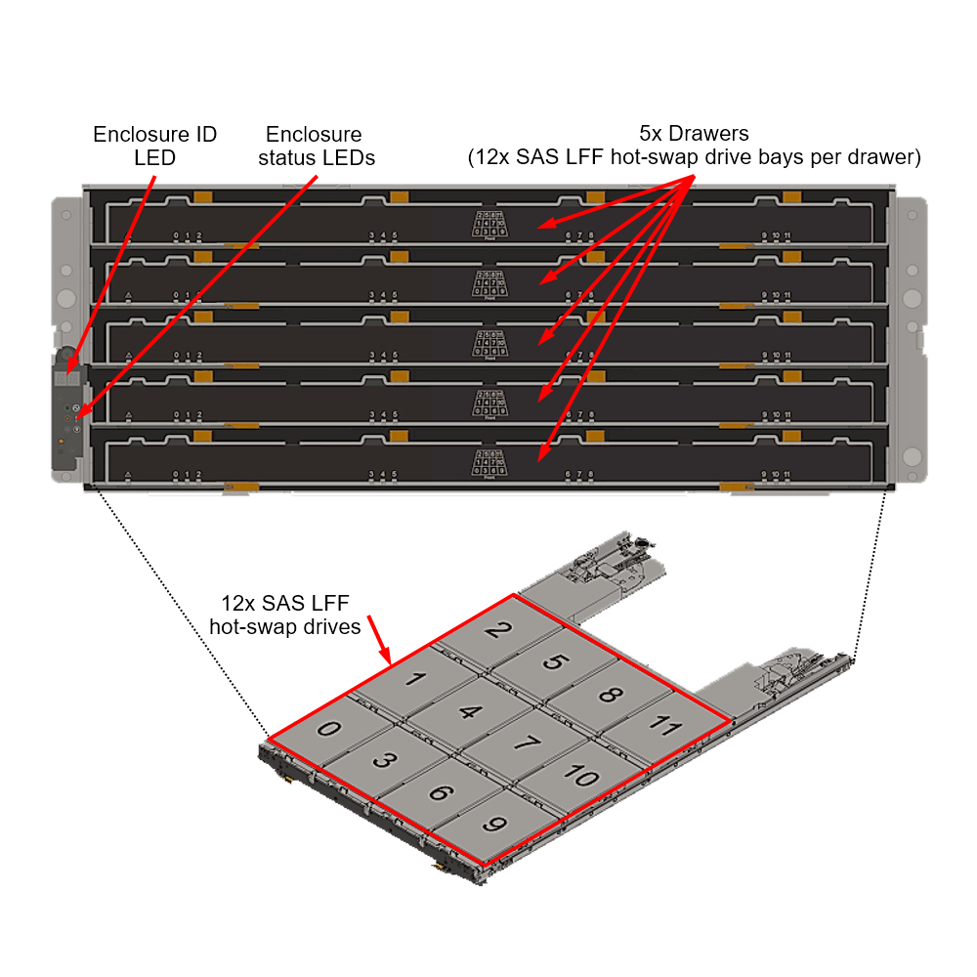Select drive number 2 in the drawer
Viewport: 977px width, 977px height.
[x=495, y=630]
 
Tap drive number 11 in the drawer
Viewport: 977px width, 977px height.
[x=664, y=725]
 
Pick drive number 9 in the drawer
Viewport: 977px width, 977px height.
[x=493, y=825]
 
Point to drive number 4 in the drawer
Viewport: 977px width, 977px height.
[x=470, y=711]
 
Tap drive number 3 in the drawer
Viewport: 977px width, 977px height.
[x=385, y=760]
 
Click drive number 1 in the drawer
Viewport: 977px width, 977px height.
[x=413, y=679]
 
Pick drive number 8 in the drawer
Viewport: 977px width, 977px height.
[x=608, y=695]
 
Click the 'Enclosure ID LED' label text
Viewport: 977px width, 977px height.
[x=154, y=146]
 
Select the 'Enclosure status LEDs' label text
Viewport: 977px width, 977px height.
[x=316, y=146]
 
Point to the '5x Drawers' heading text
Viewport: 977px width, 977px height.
[x=694, y=135]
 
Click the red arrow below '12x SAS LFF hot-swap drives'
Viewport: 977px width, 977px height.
[x=381, y=648]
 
